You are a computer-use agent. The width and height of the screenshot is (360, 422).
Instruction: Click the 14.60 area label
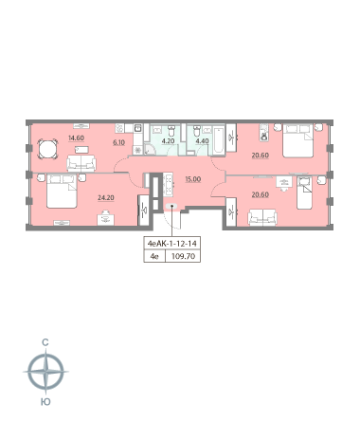76,138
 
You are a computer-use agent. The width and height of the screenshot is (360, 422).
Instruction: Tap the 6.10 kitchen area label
119,142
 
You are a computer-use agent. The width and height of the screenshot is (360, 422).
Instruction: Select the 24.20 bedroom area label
106,198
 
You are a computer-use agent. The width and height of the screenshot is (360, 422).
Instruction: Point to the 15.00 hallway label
193,179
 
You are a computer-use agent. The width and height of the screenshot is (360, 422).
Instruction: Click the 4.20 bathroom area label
168,141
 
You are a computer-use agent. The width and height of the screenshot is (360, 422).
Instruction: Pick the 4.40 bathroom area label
202,141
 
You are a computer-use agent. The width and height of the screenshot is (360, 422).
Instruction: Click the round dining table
48,149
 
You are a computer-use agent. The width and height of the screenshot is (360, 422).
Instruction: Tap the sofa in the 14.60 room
81,164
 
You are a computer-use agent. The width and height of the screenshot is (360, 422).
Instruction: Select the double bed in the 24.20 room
62,192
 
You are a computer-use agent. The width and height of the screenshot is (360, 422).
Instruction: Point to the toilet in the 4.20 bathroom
171,131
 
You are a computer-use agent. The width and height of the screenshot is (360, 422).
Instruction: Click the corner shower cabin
150,149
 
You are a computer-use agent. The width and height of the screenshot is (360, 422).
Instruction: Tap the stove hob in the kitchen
119,128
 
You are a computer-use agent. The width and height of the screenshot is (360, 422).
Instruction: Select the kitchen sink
138,128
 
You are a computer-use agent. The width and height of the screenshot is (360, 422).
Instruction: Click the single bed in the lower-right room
304,193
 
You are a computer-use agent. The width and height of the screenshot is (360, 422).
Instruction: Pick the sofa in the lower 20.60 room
262,217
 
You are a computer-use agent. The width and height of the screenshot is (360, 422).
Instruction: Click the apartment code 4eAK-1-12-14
172,244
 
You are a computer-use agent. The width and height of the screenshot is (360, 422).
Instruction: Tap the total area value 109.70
183,256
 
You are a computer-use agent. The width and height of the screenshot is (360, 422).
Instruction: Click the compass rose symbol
46,372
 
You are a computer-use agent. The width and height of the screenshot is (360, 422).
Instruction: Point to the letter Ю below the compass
45,402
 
